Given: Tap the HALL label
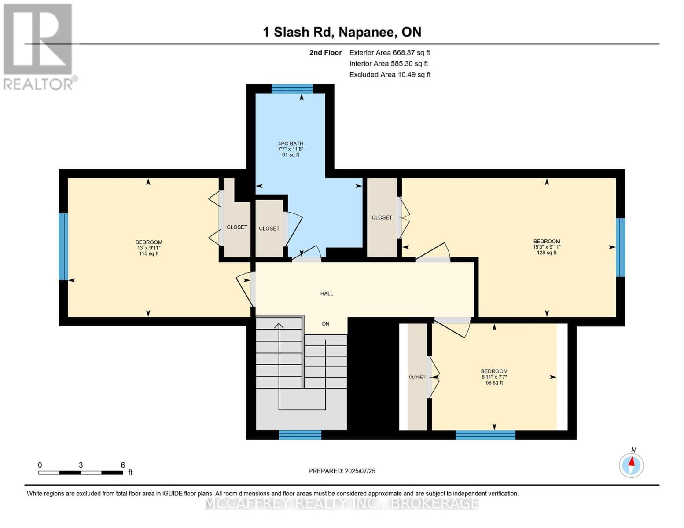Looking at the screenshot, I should (327, 293).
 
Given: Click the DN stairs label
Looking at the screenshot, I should (326, 324).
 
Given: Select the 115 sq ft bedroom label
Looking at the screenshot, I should (148, 248).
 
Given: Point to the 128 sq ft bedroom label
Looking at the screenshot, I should (547, 247).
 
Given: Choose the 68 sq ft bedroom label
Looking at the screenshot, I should (494, 377).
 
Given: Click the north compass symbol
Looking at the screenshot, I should (631, 465).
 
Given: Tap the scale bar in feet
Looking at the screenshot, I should (81, 473).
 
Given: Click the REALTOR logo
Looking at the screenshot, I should (39, 47).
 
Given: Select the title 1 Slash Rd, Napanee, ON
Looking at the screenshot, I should (342, 32).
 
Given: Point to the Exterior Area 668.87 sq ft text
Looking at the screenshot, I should (390, 52).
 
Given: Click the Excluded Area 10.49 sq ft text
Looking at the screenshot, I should (390, 75).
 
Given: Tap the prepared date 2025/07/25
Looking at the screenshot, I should (342, 471).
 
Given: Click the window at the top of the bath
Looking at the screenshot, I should (292, 89).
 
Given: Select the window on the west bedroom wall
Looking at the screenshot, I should (63, 246).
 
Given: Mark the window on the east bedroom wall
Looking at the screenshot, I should (620, 247).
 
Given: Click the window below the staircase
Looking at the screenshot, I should (300, 435).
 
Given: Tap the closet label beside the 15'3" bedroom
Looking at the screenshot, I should (382, 217).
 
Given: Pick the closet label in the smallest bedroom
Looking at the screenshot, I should (417, 377).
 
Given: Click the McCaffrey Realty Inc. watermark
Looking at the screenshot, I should (342, 503).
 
